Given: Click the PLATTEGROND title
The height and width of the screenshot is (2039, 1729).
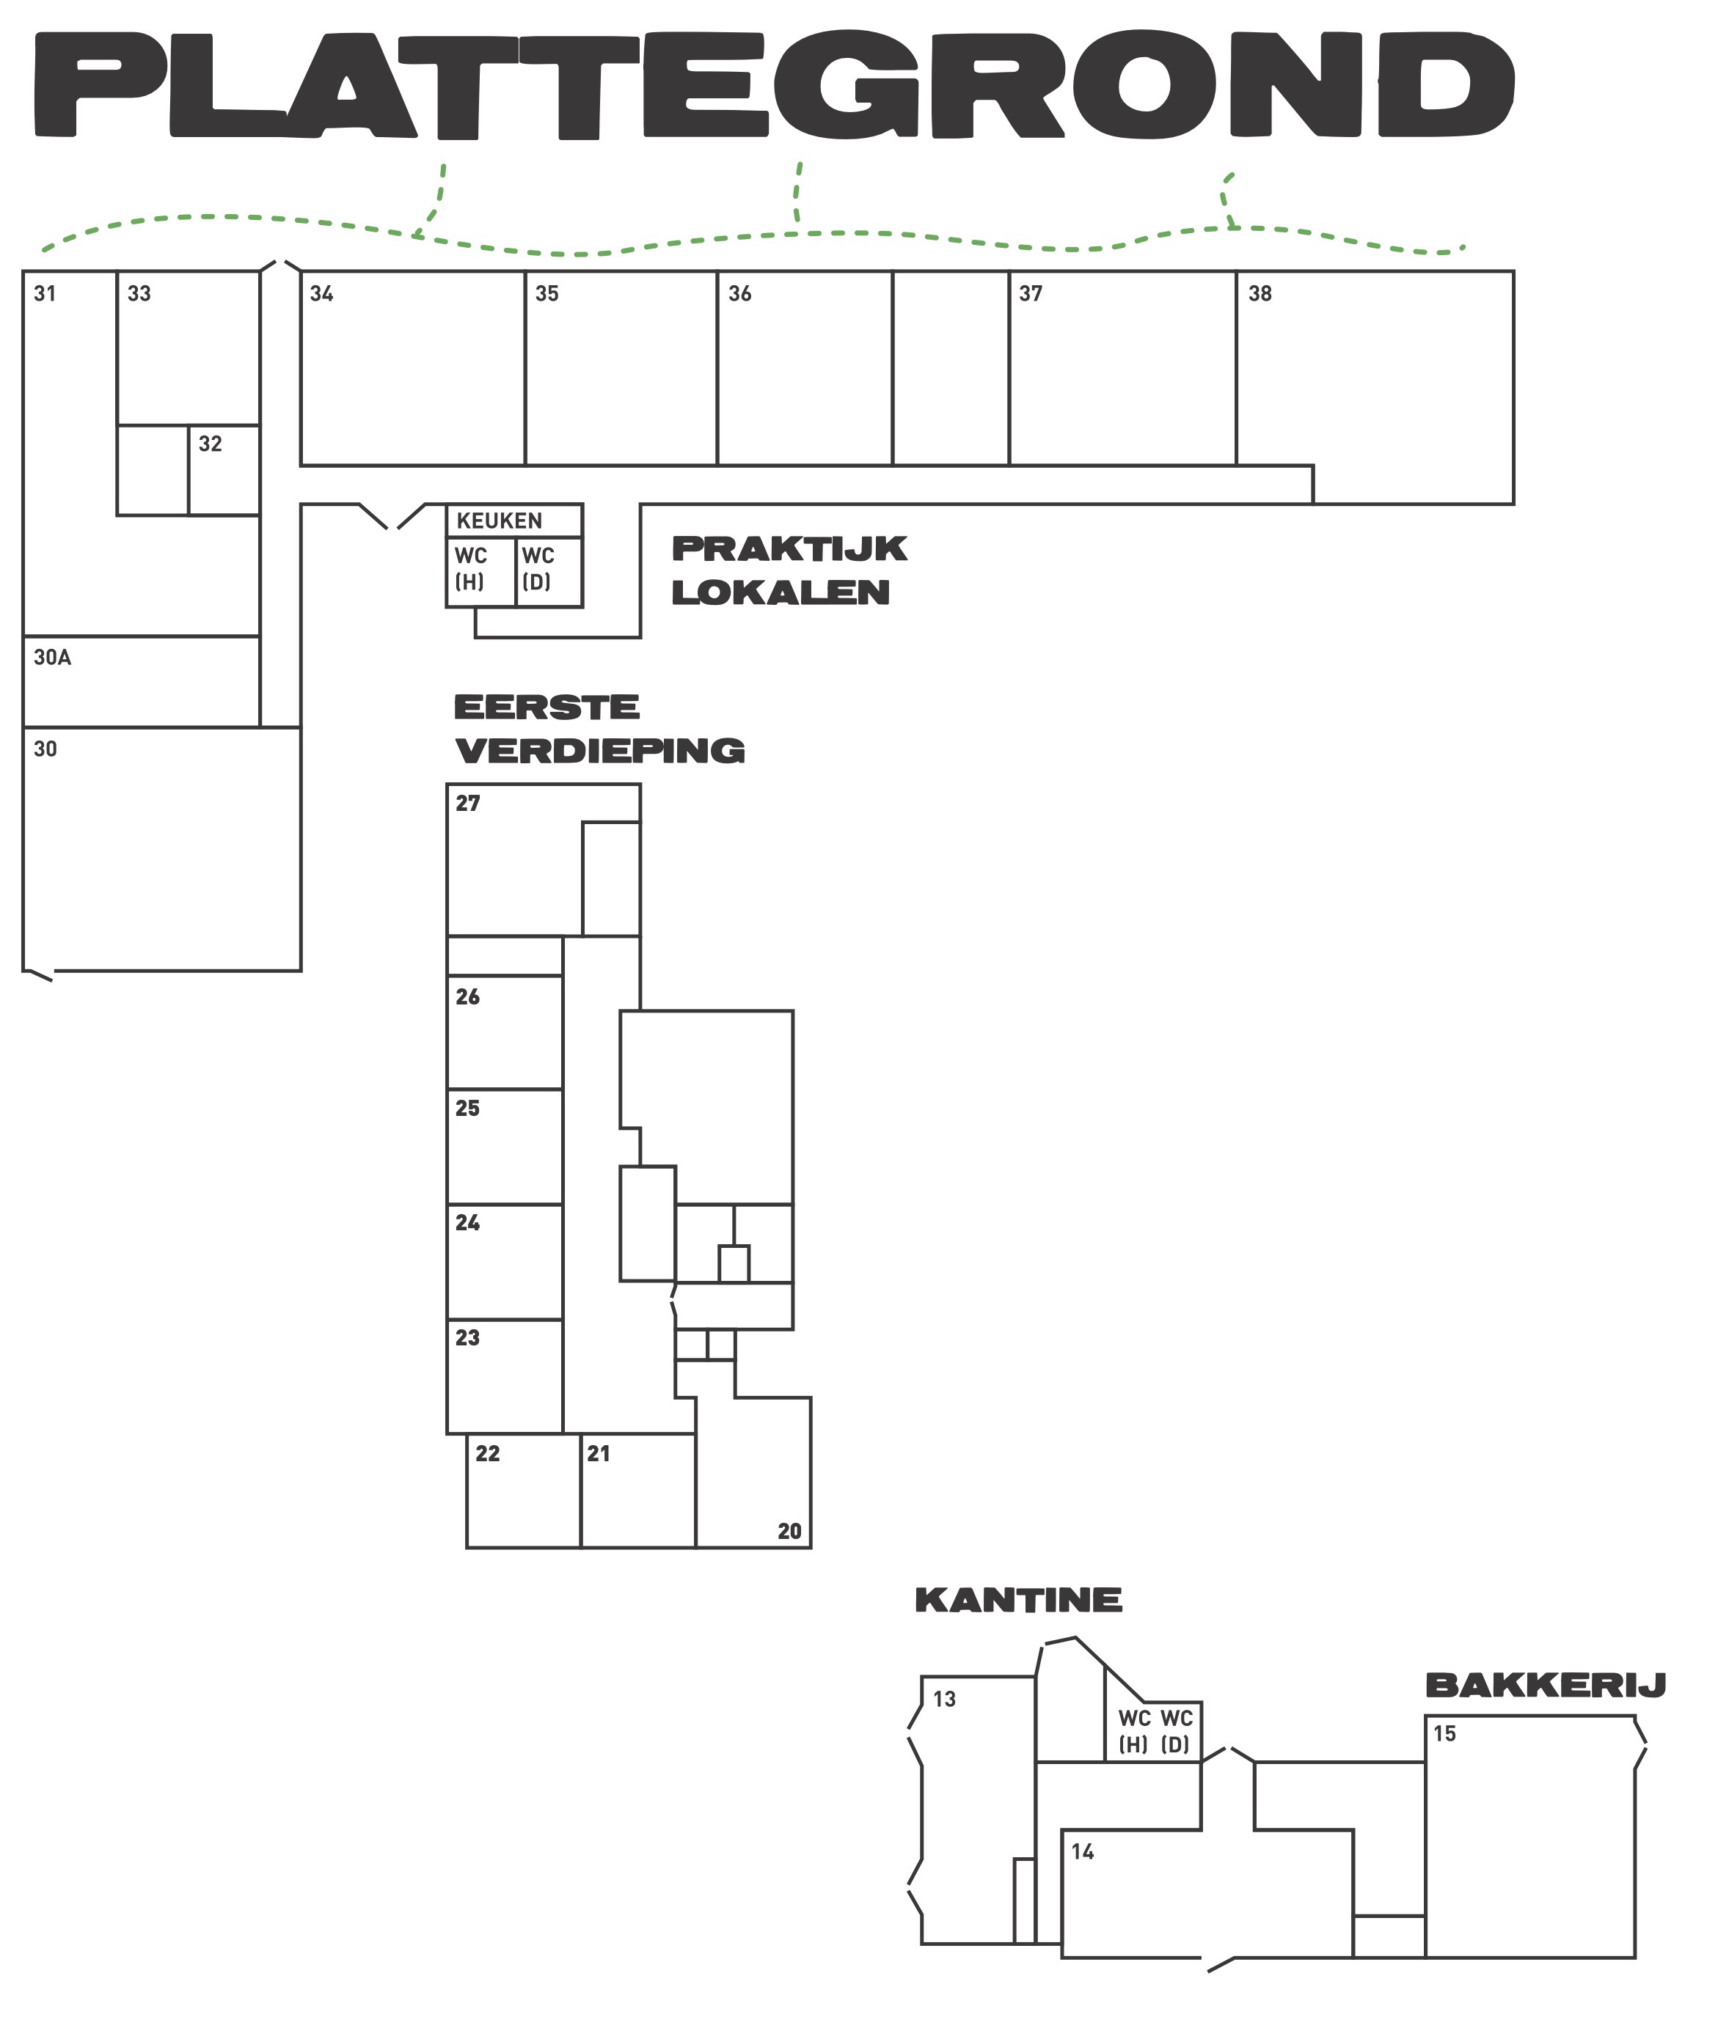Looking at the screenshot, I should pyautogui.click(x=775, y=87).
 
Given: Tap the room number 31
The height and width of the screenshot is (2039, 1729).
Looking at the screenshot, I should pyautogui.click(x=45, y=294).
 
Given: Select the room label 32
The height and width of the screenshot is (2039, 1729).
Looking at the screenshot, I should pyautogui.click(x=210, y=444).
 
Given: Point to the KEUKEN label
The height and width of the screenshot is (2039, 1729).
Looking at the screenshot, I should pyautogui.click(x=499, y=521).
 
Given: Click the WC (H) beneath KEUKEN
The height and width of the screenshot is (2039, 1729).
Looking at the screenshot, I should pyautogui.click(x=470, y=569).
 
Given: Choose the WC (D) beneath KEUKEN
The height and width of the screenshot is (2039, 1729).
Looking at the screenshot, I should pyautogui.click(x=537, y=569).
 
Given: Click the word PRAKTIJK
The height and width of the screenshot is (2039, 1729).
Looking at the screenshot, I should pyautogui.click(x=789, y=548).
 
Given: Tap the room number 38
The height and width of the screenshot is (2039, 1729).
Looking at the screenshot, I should pyautogui.click(x=1260, y=294).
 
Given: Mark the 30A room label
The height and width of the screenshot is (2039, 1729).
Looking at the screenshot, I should pyautogui.click(x=53, y=658).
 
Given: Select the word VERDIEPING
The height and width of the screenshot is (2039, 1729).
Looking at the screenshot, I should pyautogui.click(x=600, y=752).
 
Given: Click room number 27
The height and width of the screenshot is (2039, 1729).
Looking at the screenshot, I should pyautogui.click(x=467, y=804).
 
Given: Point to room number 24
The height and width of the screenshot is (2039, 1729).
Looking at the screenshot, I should pyautogui.click(x=467, y=1223).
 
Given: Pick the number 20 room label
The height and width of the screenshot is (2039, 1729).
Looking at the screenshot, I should pyautogui.click(x=789, y=1532).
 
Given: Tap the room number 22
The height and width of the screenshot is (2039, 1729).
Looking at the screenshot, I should pyautogui.click(x=487, y=1454).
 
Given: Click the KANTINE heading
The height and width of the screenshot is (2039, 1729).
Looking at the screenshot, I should pyautogui.click(x=1018, y=1601).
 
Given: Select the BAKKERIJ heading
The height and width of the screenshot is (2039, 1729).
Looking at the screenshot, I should pyautogui.click(x=1546, y=1686).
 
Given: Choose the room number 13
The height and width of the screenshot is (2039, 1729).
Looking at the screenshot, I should pyautogui.click(x=944, y=1699).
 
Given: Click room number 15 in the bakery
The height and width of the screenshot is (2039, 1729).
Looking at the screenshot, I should pyautogui.click(x=1445, y=1733).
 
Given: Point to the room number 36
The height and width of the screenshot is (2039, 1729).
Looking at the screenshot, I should pyautogui.click(x=740, y=294).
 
